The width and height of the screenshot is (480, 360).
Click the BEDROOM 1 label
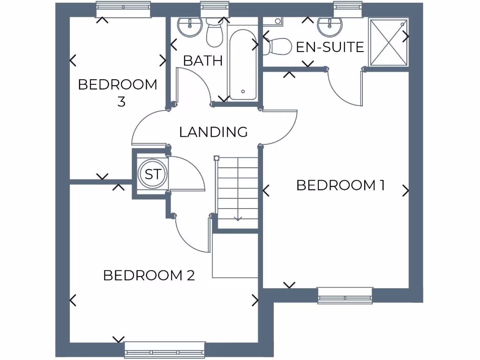340,186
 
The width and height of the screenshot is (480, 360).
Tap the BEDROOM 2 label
149,275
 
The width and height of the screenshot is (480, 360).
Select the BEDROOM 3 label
118,93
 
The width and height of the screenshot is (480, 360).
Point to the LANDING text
213,132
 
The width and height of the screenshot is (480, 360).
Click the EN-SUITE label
330,47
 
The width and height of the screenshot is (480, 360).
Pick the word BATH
202,60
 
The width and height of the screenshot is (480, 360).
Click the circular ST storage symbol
152,174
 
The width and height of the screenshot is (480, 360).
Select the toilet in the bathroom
214,34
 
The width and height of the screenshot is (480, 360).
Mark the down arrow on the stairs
238,217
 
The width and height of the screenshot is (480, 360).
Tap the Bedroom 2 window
165,350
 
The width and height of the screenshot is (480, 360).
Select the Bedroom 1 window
345,295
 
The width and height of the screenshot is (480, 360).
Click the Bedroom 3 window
124,9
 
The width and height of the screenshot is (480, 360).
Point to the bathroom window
213,9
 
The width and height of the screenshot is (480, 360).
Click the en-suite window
347,9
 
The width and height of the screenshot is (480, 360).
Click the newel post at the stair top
216,158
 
